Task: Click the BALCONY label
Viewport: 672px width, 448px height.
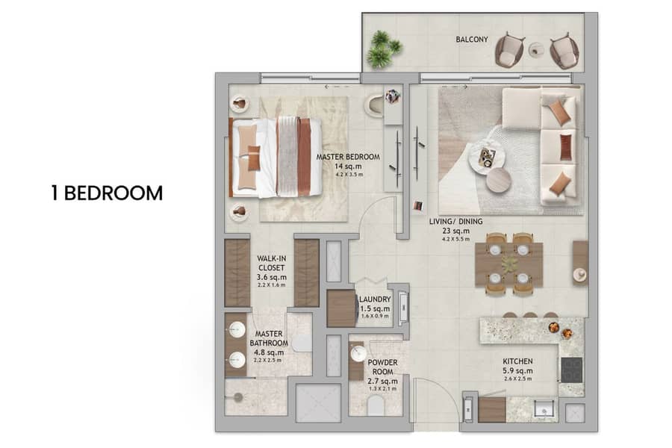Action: [471, 40]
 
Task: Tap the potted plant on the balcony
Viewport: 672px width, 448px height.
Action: [384, 49]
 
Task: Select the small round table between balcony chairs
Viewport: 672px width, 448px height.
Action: [536, 50]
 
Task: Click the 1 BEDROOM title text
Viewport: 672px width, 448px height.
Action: [107, 193]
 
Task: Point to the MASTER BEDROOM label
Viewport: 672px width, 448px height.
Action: [348, 157]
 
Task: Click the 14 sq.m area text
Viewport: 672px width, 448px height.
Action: [348, 167]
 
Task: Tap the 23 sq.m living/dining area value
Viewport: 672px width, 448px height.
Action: [456, 231]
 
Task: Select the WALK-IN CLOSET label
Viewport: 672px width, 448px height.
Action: [271, 263]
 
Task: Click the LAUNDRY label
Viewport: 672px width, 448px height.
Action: [375, 299]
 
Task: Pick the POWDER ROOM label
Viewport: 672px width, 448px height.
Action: [382, 367]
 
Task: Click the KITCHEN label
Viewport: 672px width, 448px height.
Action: [517, 361]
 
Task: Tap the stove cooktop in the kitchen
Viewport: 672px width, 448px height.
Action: [572, 370]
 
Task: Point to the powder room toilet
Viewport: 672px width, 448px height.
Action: [376, 405]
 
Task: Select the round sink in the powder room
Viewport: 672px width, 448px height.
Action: [358, 354]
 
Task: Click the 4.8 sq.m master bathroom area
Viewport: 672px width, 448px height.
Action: [269, 352]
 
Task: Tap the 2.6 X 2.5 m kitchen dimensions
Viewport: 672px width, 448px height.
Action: [517, 379]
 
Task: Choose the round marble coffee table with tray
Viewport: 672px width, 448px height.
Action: [487, 156]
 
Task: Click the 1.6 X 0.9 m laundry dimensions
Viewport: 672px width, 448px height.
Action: [375, 316]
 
